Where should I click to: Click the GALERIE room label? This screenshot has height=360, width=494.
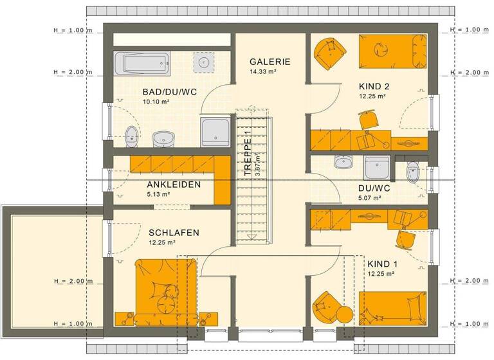pyautogui.click(x=270, y=62)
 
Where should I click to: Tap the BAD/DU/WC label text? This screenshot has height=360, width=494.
pyautogui.click(x=170, y=92)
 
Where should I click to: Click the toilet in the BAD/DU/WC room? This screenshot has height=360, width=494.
pyautogui.click(x=132, y=136)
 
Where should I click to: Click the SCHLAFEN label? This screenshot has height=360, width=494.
pyautogui.click(x=174, y=233)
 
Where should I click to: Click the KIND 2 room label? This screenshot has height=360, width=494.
pyautogui.click(x=374, y=86)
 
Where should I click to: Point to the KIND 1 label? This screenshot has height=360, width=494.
pyautogui.click(x=383, y=264)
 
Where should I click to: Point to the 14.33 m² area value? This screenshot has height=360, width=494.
pyautogui.click(x=262, y=72)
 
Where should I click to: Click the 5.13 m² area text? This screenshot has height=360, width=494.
pyautogui.click(x=158, y=194)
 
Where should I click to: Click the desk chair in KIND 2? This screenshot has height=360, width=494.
pyautogui.click(x=367, y=120)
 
